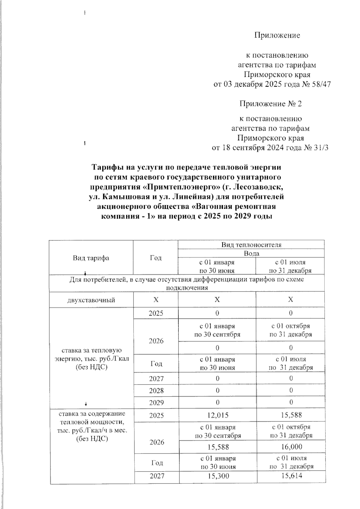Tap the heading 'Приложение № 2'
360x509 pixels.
pyautogui.click(x=270, y=104)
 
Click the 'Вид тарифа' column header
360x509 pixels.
pyautogui.click(x=91, y=258)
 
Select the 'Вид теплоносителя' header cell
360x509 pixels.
pyautogui.click(x=251, y=245)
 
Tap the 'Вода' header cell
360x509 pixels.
pyautogui.click(x=251, y=253)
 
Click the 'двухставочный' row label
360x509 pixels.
pyautogui.click(x=91, y=300)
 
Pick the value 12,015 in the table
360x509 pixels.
pyautogui.click(x=217, y=415)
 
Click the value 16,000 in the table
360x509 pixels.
pyautogui.click(x=291, y=447)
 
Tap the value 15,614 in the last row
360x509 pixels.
pyautogui.click(x=291, y=476)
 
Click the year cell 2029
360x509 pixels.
pyautogui.click(x=156, y=403)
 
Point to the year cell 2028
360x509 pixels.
pyautogui.click(x=156, y=391)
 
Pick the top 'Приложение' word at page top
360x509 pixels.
pyautogui.click(x=277, y=35)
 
